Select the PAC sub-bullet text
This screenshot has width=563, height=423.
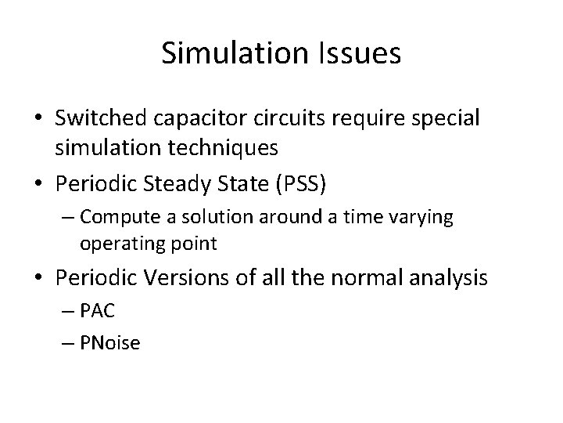(x=97, y=312)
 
